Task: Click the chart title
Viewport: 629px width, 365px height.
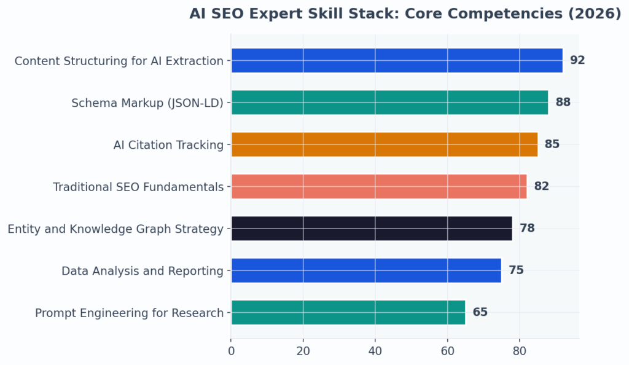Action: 405,14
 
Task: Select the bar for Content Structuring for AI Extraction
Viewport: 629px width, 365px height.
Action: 397,60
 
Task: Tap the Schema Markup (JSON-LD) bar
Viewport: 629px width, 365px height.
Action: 389,103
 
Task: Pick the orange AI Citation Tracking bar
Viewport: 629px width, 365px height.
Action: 384,144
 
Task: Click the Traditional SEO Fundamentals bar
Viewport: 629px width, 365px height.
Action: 378,186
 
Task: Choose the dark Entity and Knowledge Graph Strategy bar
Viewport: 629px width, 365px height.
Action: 371,228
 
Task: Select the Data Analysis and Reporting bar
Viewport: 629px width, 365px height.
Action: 365,270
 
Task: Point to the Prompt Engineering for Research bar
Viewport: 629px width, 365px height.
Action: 348,312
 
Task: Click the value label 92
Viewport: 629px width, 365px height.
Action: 577,60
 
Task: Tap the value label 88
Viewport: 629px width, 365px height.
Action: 563,103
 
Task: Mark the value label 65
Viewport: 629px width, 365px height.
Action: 480,312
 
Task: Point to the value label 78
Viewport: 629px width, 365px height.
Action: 527,229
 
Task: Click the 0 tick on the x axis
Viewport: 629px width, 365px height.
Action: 231,351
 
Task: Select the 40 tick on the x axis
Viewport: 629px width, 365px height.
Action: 375,351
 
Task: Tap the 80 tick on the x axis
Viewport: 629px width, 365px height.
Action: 520,351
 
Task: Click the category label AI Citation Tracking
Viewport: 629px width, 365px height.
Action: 168,145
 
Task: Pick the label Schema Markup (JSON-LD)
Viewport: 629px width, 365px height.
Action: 147,103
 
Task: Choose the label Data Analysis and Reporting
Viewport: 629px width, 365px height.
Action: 143,271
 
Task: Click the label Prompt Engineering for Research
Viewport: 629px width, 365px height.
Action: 129,313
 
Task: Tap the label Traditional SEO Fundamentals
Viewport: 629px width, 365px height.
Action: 138,187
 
